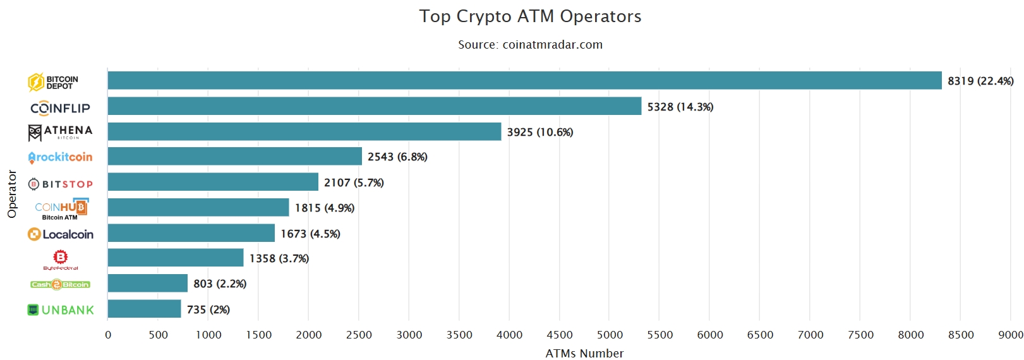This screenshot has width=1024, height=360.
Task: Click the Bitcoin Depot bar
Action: point(524,80)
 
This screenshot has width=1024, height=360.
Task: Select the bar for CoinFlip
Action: point(374,106)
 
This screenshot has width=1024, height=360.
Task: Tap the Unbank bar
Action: point(144,309)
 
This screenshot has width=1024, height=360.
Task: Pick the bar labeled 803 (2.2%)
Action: point(147,283)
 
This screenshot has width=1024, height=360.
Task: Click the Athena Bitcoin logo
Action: point(61,131)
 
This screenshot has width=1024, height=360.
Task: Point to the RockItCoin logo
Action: point(60,157)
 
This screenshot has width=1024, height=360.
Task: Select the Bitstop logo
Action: point(61,184)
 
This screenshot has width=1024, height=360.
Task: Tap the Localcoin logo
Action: point(61,234)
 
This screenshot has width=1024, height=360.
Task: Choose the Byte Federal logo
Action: point(61,259)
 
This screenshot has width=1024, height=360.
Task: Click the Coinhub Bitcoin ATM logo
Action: point(61,208)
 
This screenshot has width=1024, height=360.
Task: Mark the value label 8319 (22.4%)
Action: point(980,81)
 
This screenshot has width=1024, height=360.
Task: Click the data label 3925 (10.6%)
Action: point(540,132)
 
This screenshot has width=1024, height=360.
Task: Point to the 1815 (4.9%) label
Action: point(325,208)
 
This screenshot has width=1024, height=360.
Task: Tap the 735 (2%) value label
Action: point(208,309)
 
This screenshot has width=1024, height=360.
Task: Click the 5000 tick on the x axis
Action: point(610,335)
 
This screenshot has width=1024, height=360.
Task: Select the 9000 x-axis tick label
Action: point(1011,335)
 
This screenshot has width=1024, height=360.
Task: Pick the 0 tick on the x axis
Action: point(108,335)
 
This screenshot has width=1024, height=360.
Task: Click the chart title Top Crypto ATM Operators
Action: point(530,16)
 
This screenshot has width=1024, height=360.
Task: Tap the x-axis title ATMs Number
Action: point(584,353)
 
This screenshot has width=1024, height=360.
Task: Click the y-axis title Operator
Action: point(12,194)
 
